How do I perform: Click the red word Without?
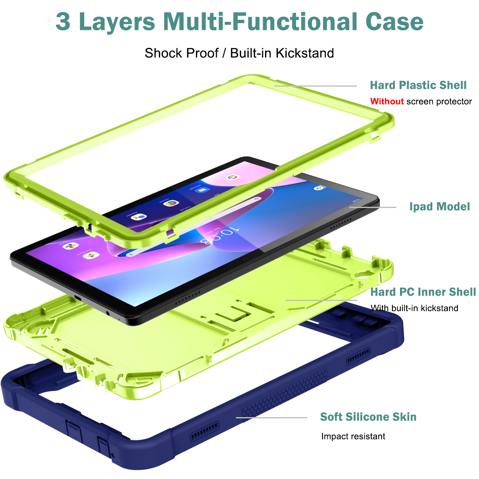pyautogui.click(x=387, y=101)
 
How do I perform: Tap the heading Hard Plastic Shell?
pyautogui.click(x=418, y=85)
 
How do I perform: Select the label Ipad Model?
pyautogui.click(x=439, y=206)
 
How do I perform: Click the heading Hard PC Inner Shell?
pyautogui.click(x=423, y=292)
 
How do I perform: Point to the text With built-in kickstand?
pyautogui.click(x=414, y=308)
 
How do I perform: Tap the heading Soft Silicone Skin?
pyautogui.click(x=368, y=417)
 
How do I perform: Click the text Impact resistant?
pyautogui.click(x=353, y=436)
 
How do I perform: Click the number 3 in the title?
pyautogui.click(x=63, y=22)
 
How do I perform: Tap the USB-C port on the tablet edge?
pyautogui.click(x=77, y=299)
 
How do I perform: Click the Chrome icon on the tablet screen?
pyautogui.click(x=170, y=203)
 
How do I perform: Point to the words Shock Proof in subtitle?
pyautogui.click(x=182, y=53)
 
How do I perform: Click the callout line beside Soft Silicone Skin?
pyautogui.click(x=271, y=418)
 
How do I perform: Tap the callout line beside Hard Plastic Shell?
pyautogui.click(x=315, y=86)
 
